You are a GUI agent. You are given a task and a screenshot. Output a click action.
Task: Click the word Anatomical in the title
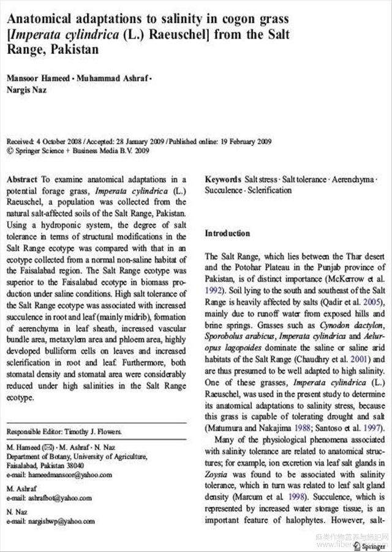pyautogui.click(x=42, y=20)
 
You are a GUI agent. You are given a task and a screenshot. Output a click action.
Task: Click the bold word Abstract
pyautogui.click(x=22, y=180)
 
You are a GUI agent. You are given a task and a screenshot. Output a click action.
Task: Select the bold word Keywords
pyautogui.click(x=223, y=180)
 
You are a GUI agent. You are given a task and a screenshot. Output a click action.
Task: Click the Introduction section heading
pyautogui.click(x=227, y=233)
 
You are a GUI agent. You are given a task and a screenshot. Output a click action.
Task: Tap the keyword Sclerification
pyautogui.click(x=269, y=190)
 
